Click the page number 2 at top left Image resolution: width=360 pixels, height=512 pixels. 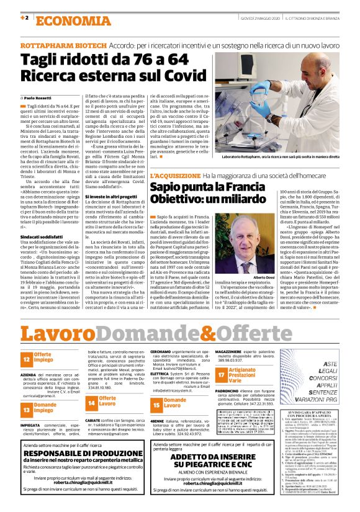coord(25,17)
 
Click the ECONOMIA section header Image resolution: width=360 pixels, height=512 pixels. coord(65,19)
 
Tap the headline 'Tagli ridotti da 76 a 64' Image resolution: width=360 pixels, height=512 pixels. coord(104,60)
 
